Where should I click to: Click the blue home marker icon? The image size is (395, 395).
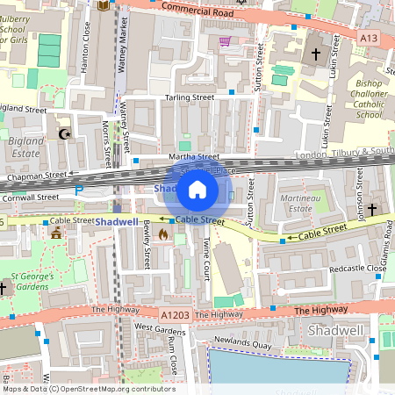(x=197, y=190)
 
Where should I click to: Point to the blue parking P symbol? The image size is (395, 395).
(x=79, y=190)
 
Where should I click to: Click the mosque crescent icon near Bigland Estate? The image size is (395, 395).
(x=62, y=133)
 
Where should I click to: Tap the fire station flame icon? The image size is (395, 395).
(x=163, y=234)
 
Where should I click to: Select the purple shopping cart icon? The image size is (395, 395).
(x=225, y=41)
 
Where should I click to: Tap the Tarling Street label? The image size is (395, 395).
(x=187, y=97)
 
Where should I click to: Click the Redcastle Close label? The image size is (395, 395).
(x=355, y=268)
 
